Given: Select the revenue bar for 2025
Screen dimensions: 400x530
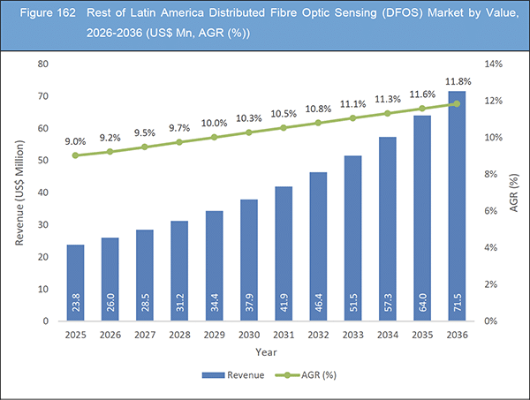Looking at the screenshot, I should [x=76, y=283].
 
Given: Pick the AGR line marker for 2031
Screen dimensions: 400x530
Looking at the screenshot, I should [x=284, y=127].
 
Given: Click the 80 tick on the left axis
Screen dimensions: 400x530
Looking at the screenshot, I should [x=42, y=64].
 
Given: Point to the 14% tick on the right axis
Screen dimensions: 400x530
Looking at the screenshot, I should [x=490, y=64].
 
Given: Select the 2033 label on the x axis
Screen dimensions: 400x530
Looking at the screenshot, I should [x=352, y=335].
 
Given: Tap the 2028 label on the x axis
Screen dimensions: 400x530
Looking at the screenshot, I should [x=179, y=335].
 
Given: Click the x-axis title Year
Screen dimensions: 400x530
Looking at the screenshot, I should [x=265, y=351].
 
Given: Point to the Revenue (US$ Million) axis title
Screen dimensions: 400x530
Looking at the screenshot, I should [x=19, y=192].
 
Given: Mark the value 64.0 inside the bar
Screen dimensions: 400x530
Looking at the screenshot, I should [x=422, y=306].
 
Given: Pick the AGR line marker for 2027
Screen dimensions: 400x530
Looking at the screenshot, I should [x=145, y=147].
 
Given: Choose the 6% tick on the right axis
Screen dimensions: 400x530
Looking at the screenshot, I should [x=490, y=211].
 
